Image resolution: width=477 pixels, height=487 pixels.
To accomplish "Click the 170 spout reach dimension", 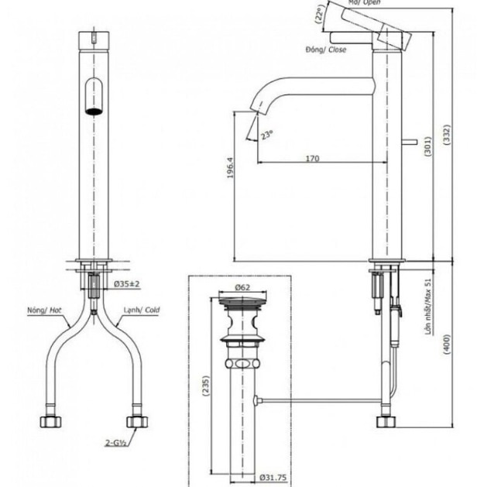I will [x=311, y=159].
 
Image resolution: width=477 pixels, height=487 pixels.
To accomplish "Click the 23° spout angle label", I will [x=267, y=135].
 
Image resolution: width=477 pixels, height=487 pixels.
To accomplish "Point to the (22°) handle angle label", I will [x=320, y=15].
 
